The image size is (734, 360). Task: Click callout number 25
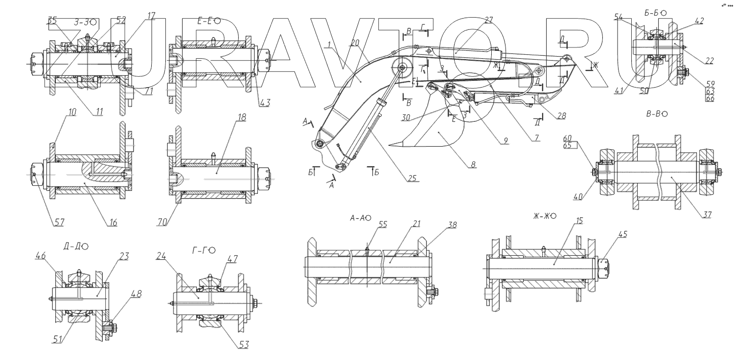[x=413, y=178]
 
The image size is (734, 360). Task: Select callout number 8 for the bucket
[x=473, y=164]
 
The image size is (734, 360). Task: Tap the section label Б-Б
[x=655, y=14]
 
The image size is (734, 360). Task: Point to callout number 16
[x=113, y=223]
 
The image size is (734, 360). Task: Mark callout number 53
[x=244, y=345]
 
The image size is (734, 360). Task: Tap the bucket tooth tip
[x=390, y=145]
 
